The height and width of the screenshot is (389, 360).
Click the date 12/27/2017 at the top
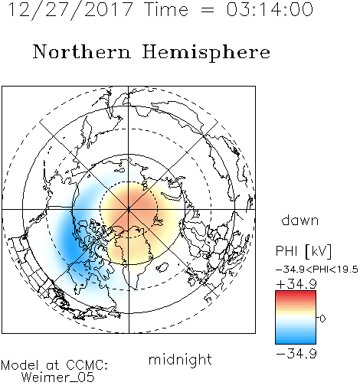coord(70,10)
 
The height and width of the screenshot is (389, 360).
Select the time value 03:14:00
coord(270,9)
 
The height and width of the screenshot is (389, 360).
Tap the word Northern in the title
coord(82,52)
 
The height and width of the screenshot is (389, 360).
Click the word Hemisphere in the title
coord(206,53)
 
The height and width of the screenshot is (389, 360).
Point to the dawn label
coord(300,220)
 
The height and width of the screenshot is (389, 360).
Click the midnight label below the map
coord(180,360)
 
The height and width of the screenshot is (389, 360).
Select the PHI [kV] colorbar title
coord(303,251)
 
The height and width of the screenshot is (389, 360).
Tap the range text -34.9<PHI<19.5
coord(317,270)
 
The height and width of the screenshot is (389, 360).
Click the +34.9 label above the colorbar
coord(296,284)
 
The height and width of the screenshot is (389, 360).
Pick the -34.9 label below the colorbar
coord(296,354)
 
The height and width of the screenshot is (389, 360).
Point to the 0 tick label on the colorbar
coord(322,319)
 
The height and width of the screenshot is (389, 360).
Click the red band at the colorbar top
coord(296,294)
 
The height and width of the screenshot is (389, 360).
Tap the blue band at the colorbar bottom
coord(296,341)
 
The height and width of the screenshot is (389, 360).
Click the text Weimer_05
coord(58,378)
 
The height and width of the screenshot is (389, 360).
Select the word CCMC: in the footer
coord(87,365)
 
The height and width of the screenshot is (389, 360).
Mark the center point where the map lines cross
coord(129,210)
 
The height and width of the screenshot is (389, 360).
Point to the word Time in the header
coord(166,9)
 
